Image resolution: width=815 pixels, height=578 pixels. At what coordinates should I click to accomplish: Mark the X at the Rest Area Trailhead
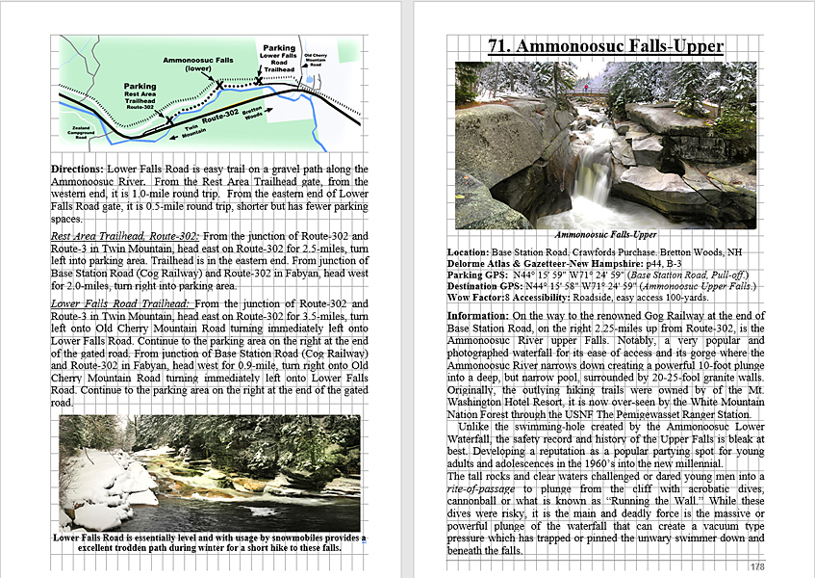click(169, 120)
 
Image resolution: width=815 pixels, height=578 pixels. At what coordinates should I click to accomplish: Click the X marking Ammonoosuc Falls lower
click(219, 86)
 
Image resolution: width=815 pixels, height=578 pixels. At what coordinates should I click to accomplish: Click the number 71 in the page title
click(498, 45)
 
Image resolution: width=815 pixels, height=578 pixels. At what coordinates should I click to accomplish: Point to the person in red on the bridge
click(586, 87)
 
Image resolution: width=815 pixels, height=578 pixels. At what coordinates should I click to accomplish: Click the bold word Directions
click(77, 169)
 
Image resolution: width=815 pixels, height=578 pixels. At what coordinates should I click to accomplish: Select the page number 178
click(757, 566)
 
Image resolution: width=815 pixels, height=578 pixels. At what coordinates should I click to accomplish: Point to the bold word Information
click(478, 315)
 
